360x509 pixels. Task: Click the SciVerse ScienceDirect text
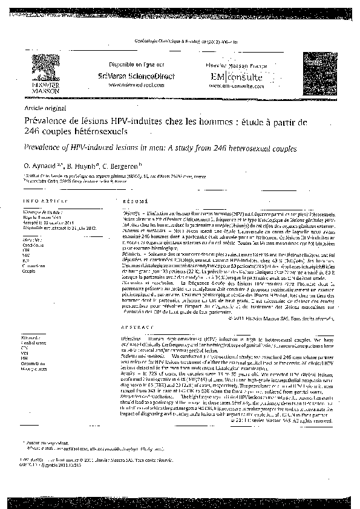coord(127,77)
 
